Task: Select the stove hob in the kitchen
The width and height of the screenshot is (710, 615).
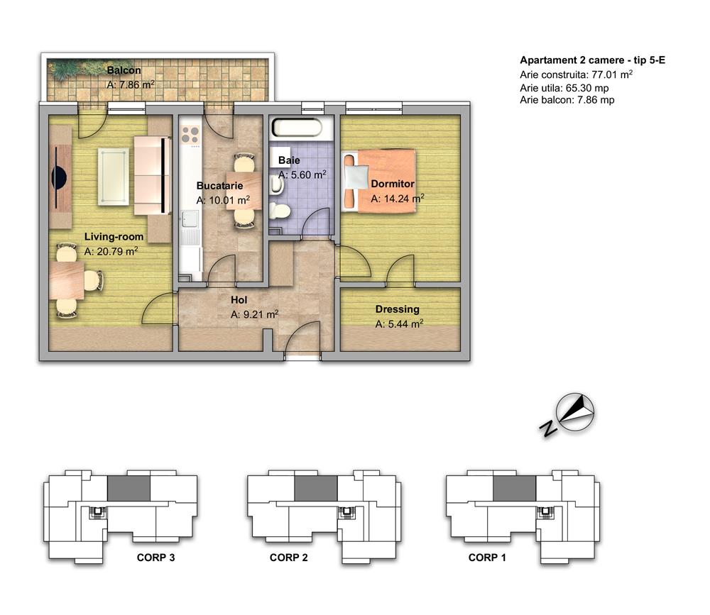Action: click(190, 134)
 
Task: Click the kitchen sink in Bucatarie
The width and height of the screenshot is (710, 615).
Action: click(190, 218)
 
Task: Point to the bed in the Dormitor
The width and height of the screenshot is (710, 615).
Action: click(379, 181)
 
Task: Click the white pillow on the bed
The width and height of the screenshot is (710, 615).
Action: click(356, 177)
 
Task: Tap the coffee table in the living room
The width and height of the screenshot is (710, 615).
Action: click(113, 177)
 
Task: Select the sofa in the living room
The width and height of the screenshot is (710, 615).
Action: click(153, 175)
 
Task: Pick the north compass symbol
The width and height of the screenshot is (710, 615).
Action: click(576, 412)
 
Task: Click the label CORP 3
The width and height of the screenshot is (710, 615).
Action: click(155, 558)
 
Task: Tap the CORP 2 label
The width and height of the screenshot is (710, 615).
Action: click(288, 558)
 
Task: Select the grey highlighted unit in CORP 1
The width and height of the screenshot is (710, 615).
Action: click(514, 488)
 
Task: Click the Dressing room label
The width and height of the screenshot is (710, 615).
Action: click(397, 309)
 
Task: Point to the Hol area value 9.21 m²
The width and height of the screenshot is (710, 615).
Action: click(254, 314)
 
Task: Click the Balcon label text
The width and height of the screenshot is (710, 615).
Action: click(124, 70)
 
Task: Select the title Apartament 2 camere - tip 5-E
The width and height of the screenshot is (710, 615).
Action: click(592, 60)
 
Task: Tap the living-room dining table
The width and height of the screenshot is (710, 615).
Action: click(67, 281)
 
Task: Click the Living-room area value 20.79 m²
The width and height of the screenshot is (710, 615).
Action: click(111, 251)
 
